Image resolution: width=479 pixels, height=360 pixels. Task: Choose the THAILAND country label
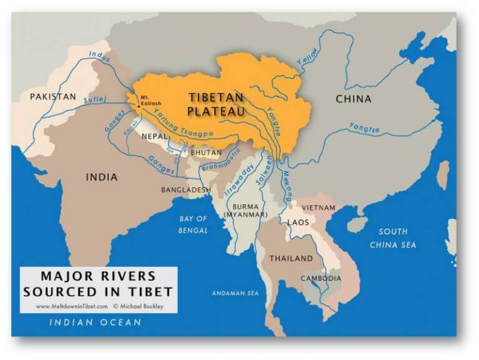[x=291, y=258]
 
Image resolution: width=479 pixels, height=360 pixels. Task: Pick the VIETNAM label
[x=319, y=207]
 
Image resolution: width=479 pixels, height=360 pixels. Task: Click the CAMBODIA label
[x=321, y=278]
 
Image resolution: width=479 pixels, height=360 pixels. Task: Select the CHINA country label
[x=353, y=99]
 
